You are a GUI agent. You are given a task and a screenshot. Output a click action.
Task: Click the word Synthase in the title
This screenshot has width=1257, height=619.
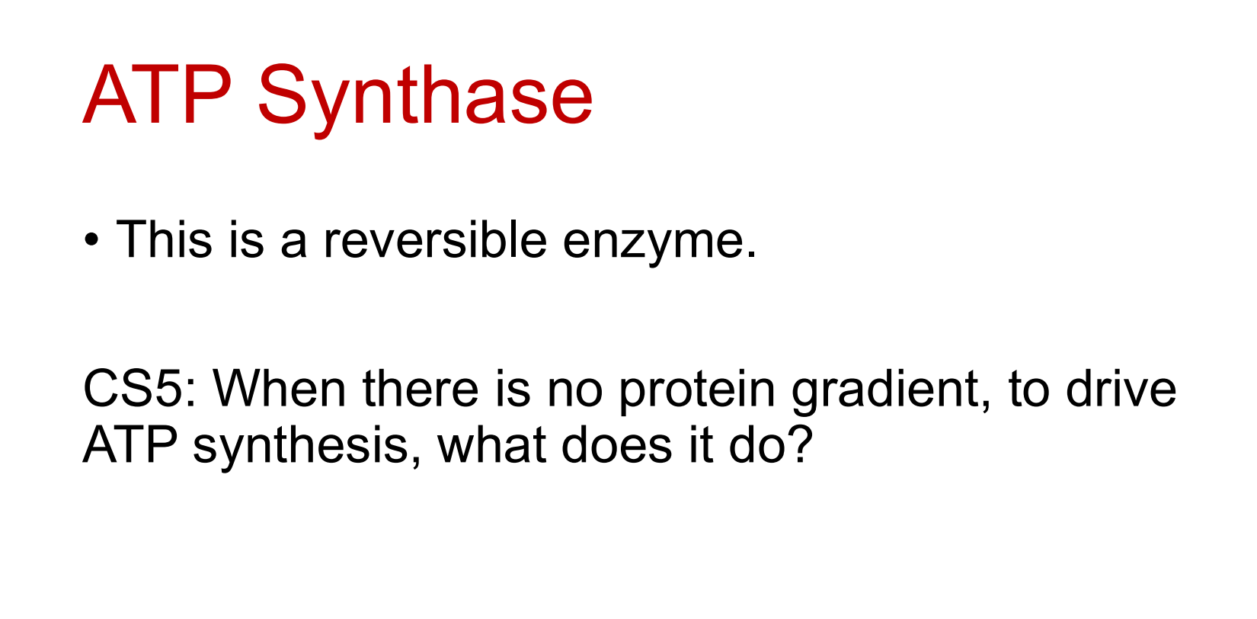click(424, 98)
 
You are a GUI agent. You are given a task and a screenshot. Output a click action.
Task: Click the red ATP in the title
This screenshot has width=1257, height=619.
click(158, 96)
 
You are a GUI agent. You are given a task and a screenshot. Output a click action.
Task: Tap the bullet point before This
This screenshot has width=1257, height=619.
click(91, 242)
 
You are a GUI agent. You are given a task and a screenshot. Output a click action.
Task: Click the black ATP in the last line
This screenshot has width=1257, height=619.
click(130, 445)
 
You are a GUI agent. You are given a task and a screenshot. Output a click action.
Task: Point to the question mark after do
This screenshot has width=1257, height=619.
click(801, 445)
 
